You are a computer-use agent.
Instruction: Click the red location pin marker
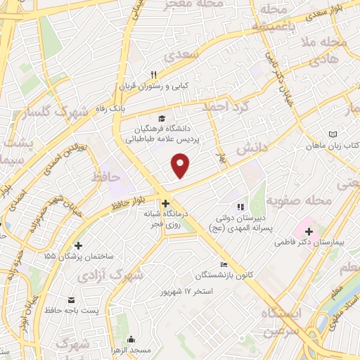[181, 166]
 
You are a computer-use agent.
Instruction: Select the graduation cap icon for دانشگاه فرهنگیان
[162, 118]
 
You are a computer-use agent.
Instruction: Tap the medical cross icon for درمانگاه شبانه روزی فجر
[165, 204]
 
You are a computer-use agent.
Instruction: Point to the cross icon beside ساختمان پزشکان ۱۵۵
[77, 245]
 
